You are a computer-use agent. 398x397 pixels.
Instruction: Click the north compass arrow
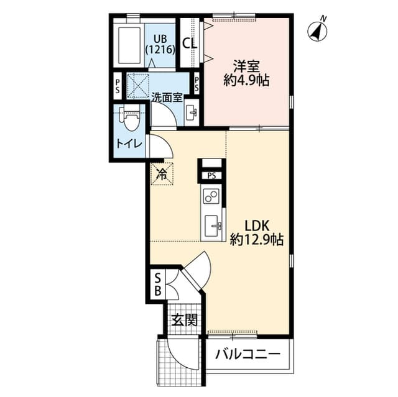tap(319, 29)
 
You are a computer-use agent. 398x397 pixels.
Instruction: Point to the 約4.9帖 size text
tap(246, 81)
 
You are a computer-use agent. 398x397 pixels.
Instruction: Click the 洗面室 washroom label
tap(167, 98)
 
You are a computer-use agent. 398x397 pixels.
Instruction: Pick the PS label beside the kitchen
tap(211, 176)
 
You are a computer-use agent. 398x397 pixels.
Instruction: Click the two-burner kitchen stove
tap(211, 198)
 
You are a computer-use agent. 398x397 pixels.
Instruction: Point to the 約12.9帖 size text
tap(257, 239)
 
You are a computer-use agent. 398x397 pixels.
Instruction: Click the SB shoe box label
tap(157, 283)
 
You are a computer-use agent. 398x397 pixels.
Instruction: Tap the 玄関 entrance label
tap(185, 321)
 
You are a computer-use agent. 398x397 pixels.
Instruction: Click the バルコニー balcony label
tap(248, 355)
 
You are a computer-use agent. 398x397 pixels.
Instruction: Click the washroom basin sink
tap(192, 112)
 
